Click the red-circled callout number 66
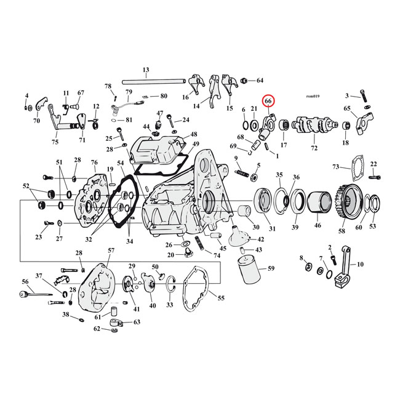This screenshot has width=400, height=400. [269, 101]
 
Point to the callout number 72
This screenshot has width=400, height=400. [314, 149]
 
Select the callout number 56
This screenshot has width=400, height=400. [25, 281]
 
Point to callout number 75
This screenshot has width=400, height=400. [55, 142]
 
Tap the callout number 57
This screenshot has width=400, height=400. [111, 250]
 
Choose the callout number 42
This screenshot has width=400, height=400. [260, 239]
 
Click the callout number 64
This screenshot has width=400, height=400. [260, 80]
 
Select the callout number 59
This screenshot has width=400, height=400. [271, 268]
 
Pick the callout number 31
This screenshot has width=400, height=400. [272, 229]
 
